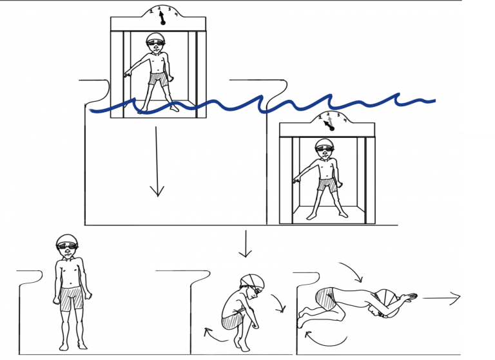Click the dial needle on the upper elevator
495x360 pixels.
pos(161,17)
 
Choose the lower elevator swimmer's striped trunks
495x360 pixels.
pos(327,185)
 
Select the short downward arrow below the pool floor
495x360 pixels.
pos(244,243)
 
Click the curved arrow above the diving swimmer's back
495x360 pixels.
pos(351,271)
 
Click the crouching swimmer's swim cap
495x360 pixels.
pos(253,281)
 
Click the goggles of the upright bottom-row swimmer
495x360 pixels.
pos(66,246)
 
